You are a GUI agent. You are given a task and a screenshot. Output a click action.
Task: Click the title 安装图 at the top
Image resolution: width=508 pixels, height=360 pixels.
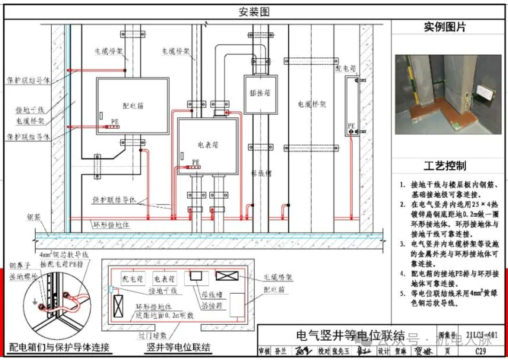(254, 12)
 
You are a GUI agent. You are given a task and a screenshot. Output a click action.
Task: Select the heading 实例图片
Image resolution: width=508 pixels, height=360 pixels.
(444, 27)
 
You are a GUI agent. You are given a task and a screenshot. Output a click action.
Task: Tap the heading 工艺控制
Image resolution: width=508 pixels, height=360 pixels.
(444, 166)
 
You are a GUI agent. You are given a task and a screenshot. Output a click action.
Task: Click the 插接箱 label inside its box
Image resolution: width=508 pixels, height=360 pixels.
(260, 93)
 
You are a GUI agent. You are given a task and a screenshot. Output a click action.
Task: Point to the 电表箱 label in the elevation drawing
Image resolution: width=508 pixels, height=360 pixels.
(208, 144)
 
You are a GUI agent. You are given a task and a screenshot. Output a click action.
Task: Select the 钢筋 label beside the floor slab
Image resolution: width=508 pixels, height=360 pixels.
(34, 218)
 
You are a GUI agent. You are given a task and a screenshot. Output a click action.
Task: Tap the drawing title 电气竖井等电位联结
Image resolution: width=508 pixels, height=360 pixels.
(350, 335)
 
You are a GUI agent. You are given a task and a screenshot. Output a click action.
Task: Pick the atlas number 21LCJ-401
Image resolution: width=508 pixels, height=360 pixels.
(482, 335)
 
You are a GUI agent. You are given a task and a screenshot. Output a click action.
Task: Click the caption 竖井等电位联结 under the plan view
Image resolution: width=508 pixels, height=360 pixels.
(178, 348)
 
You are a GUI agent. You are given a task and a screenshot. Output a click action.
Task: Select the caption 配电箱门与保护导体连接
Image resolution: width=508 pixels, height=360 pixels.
(60, 348)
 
